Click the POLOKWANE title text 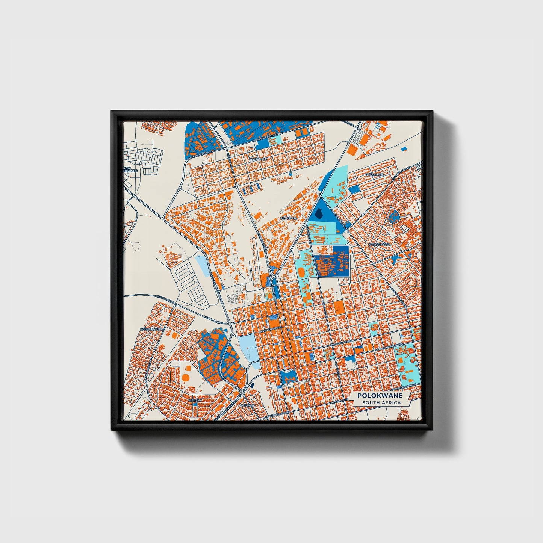point(380,396)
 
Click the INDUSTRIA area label point(289,218)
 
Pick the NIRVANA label point(195,400)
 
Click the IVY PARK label point(248,406)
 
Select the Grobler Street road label point(341,343)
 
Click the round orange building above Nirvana point(185,377)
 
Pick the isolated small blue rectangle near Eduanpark point(404,149)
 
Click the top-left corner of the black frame point(112,112)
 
